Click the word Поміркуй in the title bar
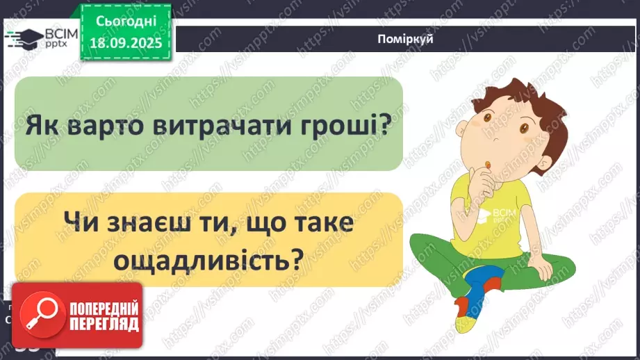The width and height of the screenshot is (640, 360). (x=407, y=39)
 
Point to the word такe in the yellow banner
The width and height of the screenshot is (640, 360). (x=321, y=224)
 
